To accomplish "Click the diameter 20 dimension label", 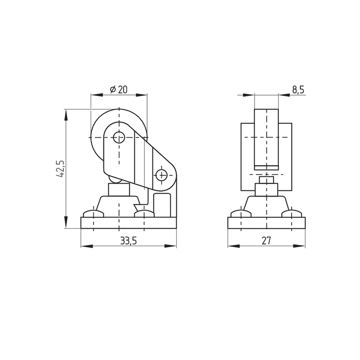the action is (x=118, y=89).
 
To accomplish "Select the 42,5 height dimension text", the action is (x=60, y=168).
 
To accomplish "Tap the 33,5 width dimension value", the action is (x=129, y=241).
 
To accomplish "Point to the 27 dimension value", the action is (x=266, y=241).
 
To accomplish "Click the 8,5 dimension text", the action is (x=298, y=90).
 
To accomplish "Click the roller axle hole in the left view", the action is (x=119, y=137).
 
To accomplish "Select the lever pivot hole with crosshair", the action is (x=162, y=175).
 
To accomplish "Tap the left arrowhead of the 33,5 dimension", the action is (x=87, y=246).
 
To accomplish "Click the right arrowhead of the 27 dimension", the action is (x=299, y=246).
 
